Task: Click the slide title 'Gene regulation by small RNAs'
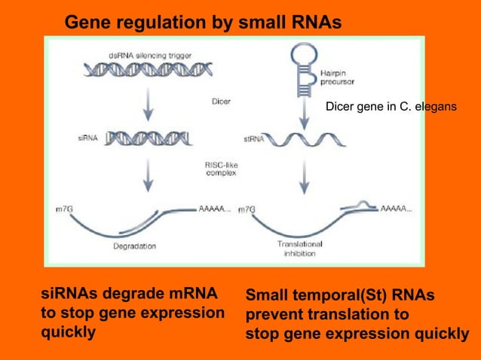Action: pos(203,23)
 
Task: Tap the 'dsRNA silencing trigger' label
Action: pos(148,55)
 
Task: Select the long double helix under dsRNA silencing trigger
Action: pos(148,70)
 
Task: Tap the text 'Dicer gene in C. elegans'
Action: pos(391,107)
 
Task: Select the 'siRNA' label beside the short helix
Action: pos(87,138)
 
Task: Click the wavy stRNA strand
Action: pos(303,139)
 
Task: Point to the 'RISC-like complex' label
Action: pos(221,169)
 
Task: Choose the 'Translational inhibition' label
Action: pos(299,249)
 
